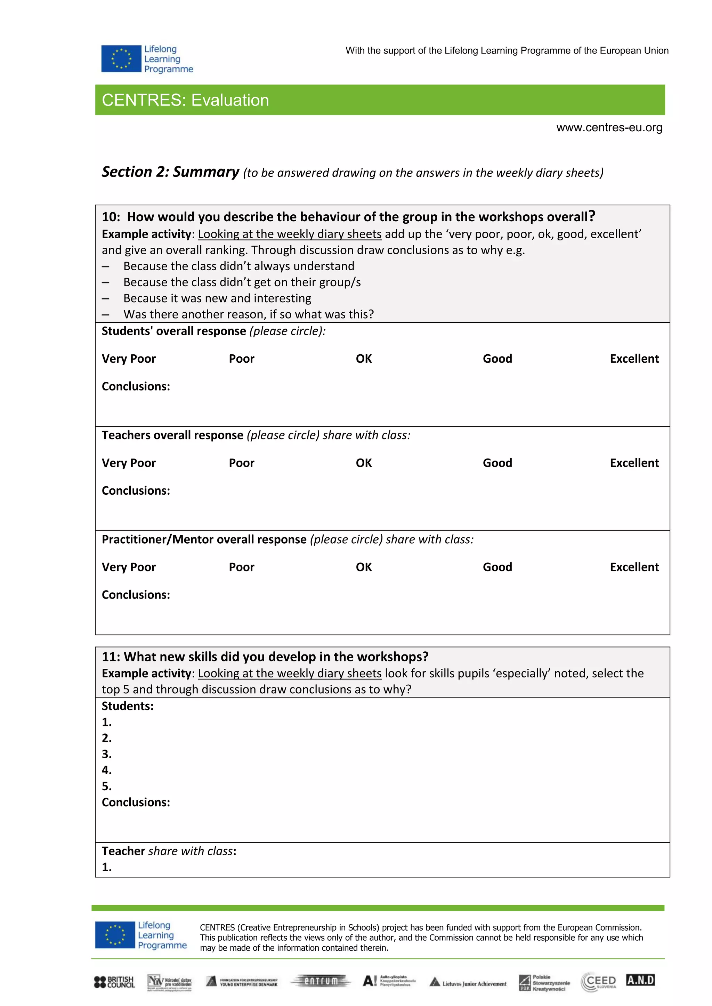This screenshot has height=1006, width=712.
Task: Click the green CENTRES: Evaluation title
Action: click(185, 100)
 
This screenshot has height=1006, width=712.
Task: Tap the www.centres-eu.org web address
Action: click(609, 127)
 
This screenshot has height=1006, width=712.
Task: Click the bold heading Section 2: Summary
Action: click(171, 172)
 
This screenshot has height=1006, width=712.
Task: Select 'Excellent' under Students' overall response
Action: click(634, 359)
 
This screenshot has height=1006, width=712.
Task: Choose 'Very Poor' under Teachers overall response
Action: click(128, 463)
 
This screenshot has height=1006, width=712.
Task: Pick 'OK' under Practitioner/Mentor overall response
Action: click(363, 567)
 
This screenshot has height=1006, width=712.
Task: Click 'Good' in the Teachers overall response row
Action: click(497, 463)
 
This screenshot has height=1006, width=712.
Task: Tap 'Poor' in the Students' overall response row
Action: click(241, 359)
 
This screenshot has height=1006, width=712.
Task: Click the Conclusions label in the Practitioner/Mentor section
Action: click(136, 595)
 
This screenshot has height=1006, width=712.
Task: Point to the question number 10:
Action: click(111, 217)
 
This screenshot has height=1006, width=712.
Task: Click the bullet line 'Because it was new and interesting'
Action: click(217, 298)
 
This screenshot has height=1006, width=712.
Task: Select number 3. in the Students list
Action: click(106, 754)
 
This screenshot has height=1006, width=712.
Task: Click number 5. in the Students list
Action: click(106, 786)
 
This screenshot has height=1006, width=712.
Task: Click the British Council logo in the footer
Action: click(114, 982)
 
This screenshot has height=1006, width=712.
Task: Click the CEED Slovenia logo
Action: click(599, 982)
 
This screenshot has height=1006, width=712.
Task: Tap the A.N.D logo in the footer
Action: click(640, 980)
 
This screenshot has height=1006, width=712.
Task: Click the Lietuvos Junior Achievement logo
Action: click(468, 983)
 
